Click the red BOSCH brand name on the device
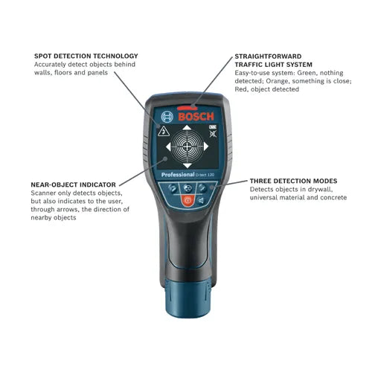[196, 117]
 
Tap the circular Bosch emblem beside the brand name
[167, 117]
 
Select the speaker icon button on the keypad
[201, 200]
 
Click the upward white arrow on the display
[187, 127]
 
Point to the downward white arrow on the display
[187, 166]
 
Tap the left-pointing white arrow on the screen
[168, 147]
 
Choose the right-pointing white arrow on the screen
[206, 147]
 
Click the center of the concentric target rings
[187, 147]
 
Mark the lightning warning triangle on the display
[164, 131]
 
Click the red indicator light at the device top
[187, 108]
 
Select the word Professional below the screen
[178, 175]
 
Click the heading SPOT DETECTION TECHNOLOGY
[86, 56]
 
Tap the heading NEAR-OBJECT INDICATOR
[73, 185]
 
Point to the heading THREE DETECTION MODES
[293, 181]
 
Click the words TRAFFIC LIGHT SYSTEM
[274, 65]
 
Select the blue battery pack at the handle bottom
[188, 298]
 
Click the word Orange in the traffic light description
[278, 81]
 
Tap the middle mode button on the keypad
[187, 188]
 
